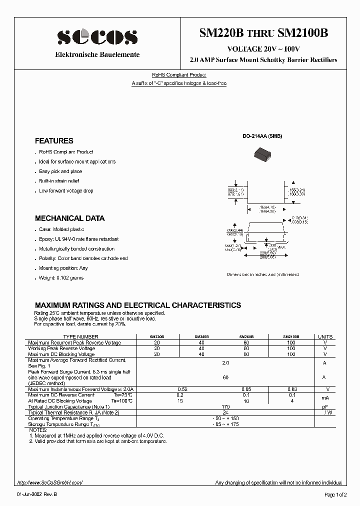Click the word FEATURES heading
tap(54, 141)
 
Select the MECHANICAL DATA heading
tap(69, 218)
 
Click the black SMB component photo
tap(263, 157)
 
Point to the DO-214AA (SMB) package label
tap(262, 136)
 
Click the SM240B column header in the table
tap(201, 337)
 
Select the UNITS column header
tap(325, 337)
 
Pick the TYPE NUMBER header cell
tap(80, 337)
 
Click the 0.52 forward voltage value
tap(182, 389)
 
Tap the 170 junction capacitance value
tap(225, 406)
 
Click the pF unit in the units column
tap(325, 406)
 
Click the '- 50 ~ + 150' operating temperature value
tap(225, 418)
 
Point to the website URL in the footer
tap(49, 482)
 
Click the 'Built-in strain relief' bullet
tap(59, 181)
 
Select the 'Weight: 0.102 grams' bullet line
tap(61, 277)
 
